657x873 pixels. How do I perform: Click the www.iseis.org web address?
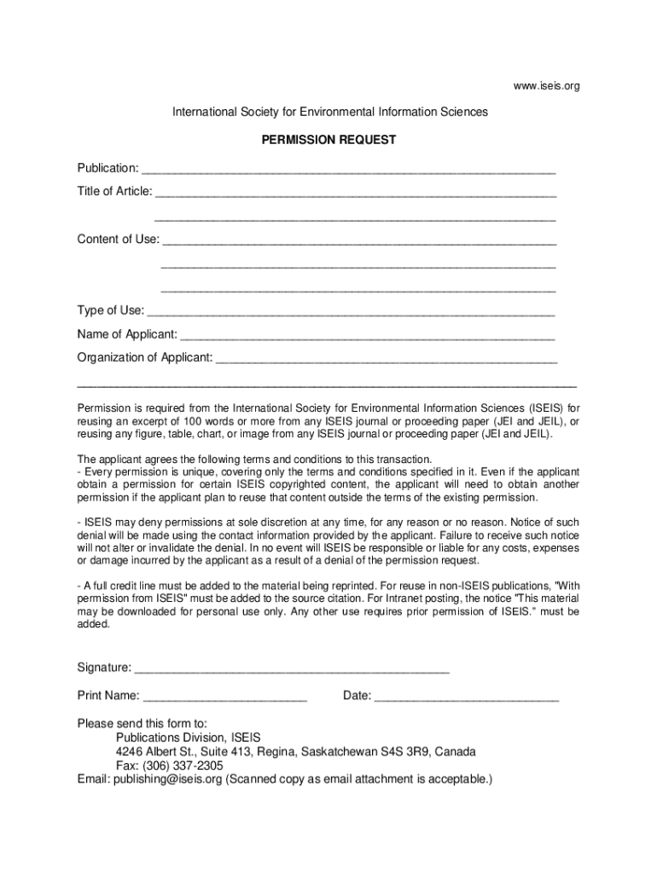pos(546,86)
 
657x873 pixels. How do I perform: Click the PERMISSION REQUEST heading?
pos(328,140)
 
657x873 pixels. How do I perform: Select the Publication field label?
pos(108,167)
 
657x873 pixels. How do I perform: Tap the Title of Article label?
pos(114,191)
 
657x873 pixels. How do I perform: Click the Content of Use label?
pos(118,239)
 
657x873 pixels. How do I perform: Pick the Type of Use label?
pos(110,310)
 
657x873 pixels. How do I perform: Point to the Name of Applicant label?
pos(127,334)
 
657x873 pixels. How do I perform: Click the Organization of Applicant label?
pos(145,358)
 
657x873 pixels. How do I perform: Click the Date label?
pos(357,696)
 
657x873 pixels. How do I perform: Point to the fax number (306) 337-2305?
pos(183,766)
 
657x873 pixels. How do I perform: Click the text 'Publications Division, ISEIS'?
pos(189,737)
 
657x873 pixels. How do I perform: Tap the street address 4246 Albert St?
pos(156,752)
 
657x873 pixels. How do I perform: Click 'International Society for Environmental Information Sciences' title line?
pos(330,113)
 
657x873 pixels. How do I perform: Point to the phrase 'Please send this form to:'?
pos(142,723)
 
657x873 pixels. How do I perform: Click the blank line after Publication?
pos(349,170)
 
